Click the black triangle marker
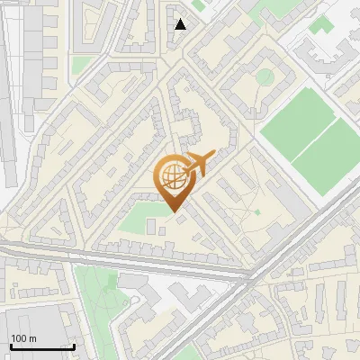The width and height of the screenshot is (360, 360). point(181,24)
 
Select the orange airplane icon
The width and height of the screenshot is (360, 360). point(200,165)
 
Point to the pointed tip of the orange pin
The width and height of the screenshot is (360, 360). point(174,212)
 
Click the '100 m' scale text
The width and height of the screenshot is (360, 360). point(23,338)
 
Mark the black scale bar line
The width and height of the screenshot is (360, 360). point(41,346)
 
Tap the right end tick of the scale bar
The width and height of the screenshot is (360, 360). point(74,345)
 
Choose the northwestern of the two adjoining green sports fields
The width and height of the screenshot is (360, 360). point(296,121)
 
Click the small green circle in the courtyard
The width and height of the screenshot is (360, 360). point(265,77)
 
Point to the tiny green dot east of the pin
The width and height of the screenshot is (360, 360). point(257,211)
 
